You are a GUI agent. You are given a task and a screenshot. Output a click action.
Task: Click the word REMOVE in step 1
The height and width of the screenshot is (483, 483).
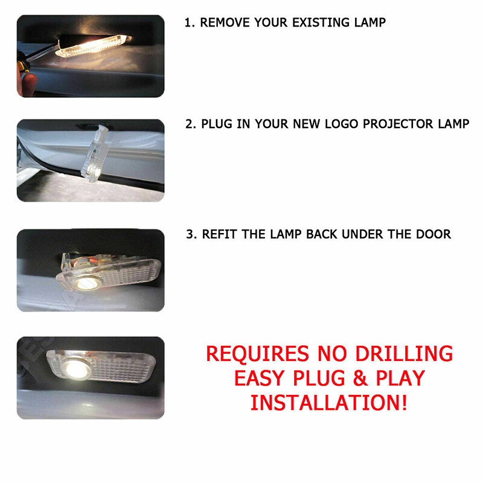[x=223, y=23]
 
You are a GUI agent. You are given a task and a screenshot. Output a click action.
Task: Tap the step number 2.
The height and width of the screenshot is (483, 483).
[x=189, y=124]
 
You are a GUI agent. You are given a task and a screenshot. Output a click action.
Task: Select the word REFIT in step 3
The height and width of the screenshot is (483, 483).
[x=219, y=234]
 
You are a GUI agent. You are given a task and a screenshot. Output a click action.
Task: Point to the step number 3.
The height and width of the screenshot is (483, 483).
[x=190, y=234]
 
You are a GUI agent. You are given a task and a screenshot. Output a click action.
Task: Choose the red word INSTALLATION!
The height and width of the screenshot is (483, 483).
[x=329, y=403]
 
